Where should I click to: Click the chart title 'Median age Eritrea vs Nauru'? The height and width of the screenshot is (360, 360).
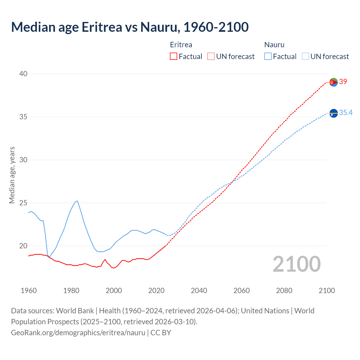tap(130, 27)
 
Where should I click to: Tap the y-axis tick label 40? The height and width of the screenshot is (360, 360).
tap(23, 74)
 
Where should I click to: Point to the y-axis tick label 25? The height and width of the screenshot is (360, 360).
tap(23, 203)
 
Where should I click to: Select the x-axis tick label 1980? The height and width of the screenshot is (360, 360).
tap(71, 290)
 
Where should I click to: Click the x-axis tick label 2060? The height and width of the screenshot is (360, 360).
tap(241, 290)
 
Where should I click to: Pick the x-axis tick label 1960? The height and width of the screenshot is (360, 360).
tap(29, 290)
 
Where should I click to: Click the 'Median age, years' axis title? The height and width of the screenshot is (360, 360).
tap(12, 175)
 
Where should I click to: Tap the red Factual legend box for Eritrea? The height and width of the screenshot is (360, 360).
tap(174, 56)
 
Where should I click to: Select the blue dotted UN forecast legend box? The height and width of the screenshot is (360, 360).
tap(305, 56)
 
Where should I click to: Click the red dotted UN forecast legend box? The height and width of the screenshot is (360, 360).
tap(211, 56)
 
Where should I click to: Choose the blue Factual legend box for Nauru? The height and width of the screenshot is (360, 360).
tap(268, 56)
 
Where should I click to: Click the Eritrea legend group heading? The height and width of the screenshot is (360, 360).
tap(181, 45)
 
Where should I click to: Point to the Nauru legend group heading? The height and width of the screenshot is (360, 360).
tap(274, 45)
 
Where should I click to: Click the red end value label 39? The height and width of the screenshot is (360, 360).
tap(343, 82)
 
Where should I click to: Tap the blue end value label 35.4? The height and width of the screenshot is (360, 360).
tap(346, 112)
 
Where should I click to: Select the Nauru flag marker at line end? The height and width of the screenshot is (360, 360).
tap(334, 113)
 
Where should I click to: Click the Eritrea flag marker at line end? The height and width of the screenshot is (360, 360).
tap(334, 82)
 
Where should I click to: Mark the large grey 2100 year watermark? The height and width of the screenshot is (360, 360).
tap(296, 264)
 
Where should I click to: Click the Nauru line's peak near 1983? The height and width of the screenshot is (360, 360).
tap(77, 201)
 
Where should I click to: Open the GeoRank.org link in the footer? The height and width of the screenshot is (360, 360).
tap(78, 332)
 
